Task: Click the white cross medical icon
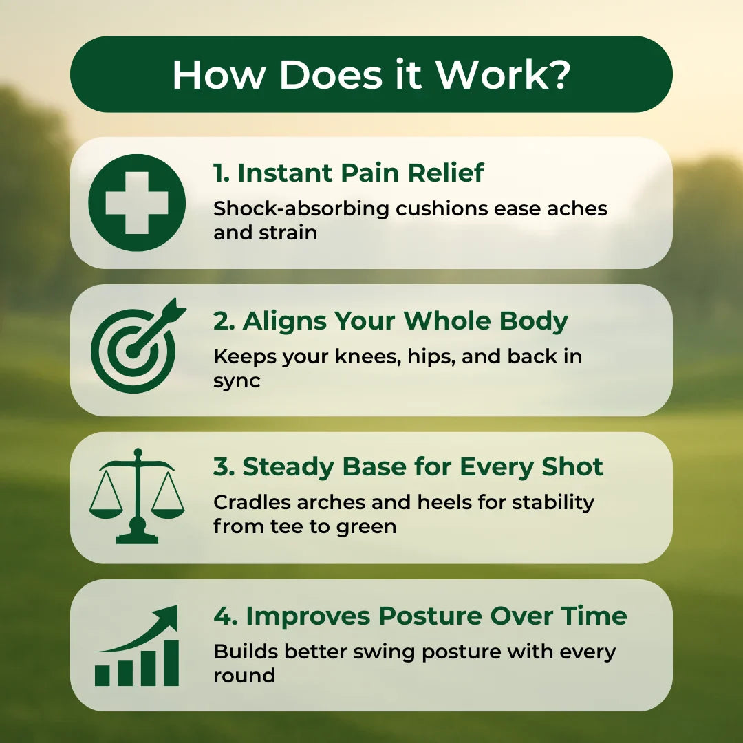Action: [x=137, y=202]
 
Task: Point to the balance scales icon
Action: [x=137, y=496]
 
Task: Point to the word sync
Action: [x=237, y=380]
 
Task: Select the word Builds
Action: [x=245, y=651]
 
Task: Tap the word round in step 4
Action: [x=244, y=675]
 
